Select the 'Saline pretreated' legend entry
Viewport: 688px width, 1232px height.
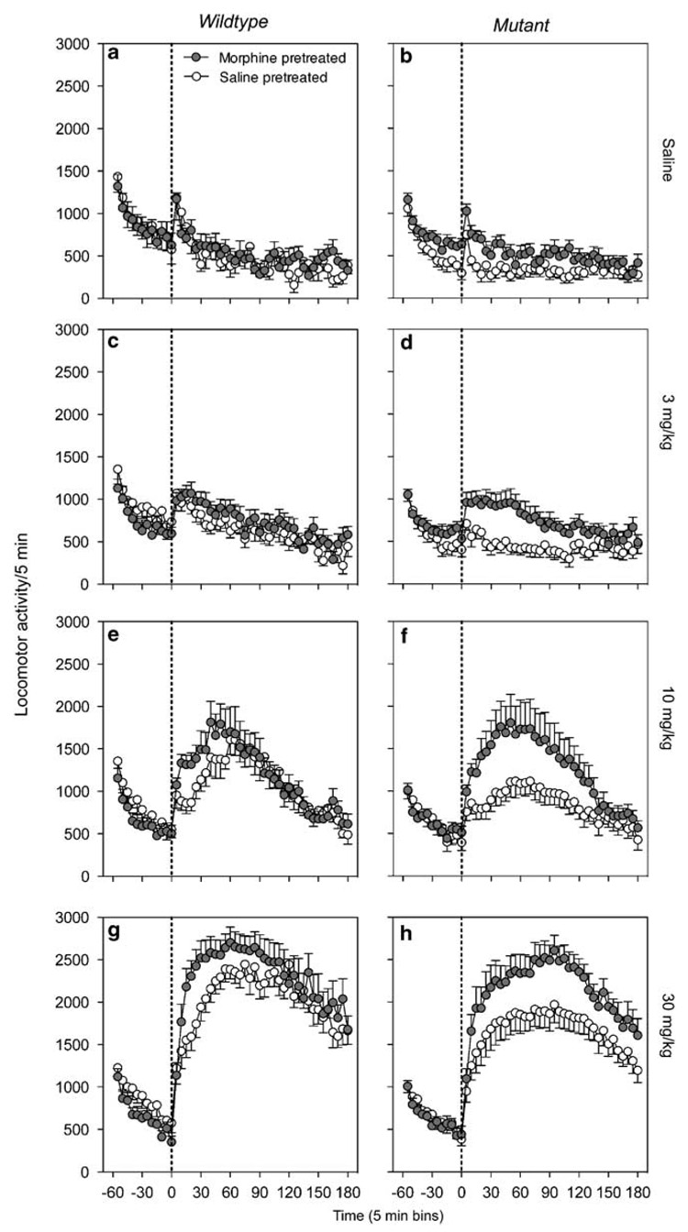point(254,77)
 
